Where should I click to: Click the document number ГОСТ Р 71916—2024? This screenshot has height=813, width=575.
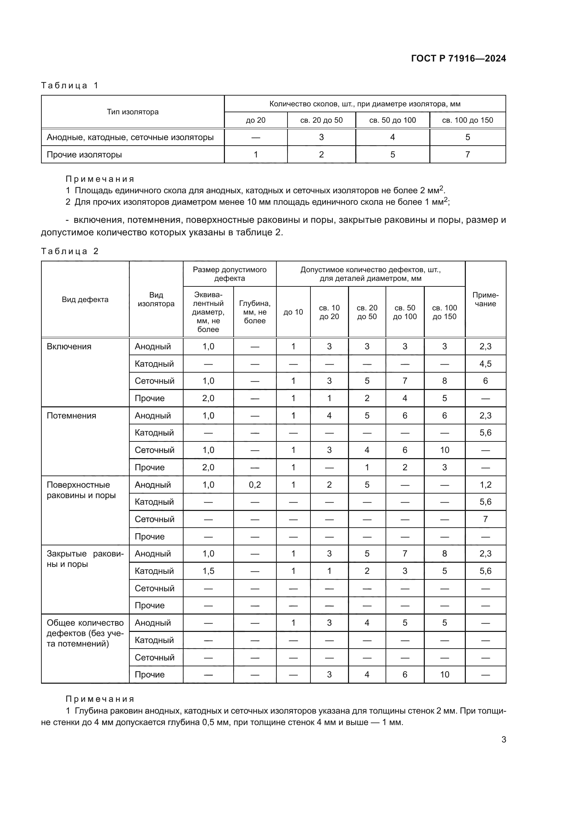(x=458, y=58)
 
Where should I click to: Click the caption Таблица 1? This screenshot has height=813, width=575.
(x=70, y=86)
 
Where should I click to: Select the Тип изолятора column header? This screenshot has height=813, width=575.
(x=133, y=112)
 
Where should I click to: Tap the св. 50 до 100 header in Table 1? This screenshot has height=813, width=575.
(x=392, y=120)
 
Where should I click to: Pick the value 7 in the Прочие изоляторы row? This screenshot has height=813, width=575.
(x=467, y=154)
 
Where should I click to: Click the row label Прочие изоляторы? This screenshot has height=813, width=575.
(x=84, y=154)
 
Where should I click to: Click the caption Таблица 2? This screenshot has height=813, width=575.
(x=70, y=251)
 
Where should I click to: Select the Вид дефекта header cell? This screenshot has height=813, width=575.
(x=85, y=300)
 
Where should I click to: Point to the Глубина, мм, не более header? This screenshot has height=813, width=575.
(x=254, y=312)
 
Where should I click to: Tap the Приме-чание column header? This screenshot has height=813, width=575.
(x=485, y=300)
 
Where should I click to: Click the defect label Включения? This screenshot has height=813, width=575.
(x=69, y=346)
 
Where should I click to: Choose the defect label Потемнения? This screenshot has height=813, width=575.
(x=72, y=415)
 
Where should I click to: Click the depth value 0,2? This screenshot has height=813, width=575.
(x=254, y=485)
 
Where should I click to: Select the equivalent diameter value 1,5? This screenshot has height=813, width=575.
(x=208, y=571)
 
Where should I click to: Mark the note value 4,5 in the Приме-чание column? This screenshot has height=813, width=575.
(x=485, y=364)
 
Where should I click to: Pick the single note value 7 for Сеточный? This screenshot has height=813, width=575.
(x=485, y=519)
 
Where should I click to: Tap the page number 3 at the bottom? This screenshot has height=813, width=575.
(x=503, y=739)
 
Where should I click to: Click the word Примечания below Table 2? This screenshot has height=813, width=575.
(x=100, y=699)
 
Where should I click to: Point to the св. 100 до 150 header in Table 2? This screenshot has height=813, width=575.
(x=444, y=312)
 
